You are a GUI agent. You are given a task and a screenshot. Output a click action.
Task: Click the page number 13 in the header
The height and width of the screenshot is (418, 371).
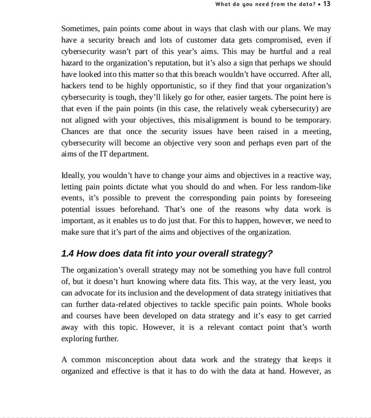click(327, 4)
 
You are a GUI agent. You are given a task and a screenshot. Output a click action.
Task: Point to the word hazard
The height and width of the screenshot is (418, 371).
click(72, 63)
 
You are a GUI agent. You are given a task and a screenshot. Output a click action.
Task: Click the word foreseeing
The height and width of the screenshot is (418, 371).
click(314, 198)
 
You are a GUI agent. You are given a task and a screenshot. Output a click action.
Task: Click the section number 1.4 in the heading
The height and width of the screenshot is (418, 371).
click(67, 254)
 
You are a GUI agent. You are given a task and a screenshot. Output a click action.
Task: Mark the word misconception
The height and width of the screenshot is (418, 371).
click(129, 360)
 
